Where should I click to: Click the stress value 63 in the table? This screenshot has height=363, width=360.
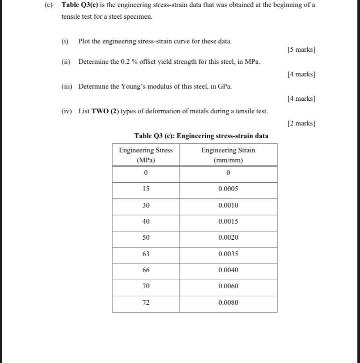pos(146,254)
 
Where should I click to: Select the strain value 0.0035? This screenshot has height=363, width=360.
pos(228,254)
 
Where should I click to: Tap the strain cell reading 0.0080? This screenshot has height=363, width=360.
pos(228,303)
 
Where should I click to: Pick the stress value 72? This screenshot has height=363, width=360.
pos(146,303)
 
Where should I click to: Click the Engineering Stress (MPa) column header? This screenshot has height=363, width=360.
pos(146,155)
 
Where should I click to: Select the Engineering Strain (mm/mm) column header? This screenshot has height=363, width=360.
pos(228,155)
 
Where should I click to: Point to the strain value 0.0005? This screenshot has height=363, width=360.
pos(228,189)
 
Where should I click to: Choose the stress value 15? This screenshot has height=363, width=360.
pos(146,189)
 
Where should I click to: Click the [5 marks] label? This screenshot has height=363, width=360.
pos(301,49)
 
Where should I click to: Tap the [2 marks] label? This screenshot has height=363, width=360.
pos(301,123)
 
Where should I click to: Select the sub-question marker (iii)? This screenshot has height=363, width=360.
pos(67,86)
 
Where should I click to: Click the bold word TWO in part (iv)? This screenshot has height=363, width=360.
pos(99,111)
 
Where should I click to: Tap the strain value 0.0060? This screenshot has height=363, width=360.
pos(228,286)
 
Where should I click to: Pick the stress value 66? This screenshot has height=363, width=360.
pos(146,270)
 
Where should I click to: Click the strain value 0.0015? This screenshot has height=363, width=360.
pos(228,221)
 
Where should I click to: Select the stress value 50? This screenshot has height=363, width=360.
pos(146,238)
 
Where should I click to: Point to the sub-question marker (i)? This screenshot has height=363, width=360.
pos(65,41)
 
